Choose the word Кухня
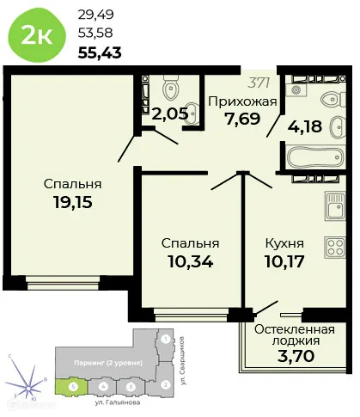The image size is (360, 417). (x=288, y=242)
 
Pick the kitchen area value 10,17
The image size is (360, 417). (x=288, y=261)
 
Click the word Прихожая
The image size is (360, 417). (x=242, y=101)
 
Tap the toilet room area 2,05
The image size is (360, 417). (x=169, y=112)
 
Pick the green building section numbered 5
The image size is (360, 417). (x=74, y=387)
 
